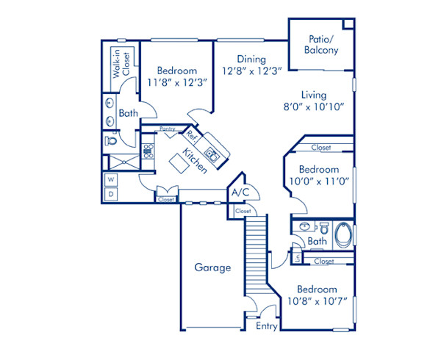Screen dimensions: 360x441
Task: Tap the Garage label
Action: click(212, 267)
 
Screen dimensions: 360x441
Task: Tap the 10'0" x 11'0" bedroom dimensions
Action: click(318, 179)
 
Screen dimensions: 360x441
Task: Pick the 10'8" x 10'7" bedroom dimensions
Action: click(318, 300)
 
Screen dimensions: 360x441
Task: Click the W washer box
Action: click(111, 179)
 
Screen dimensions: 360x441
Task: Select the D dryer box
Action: click(111, 193)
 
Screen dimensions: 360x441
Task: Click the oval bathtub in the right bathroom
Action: click(342, 236)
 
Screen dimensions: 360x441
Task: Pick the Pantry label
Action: click(168, 129)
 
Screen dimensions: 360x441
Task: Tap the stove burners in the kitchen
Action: click(148, 152)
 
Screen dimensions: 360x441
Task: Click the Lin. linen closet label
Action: click(296, 257)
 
